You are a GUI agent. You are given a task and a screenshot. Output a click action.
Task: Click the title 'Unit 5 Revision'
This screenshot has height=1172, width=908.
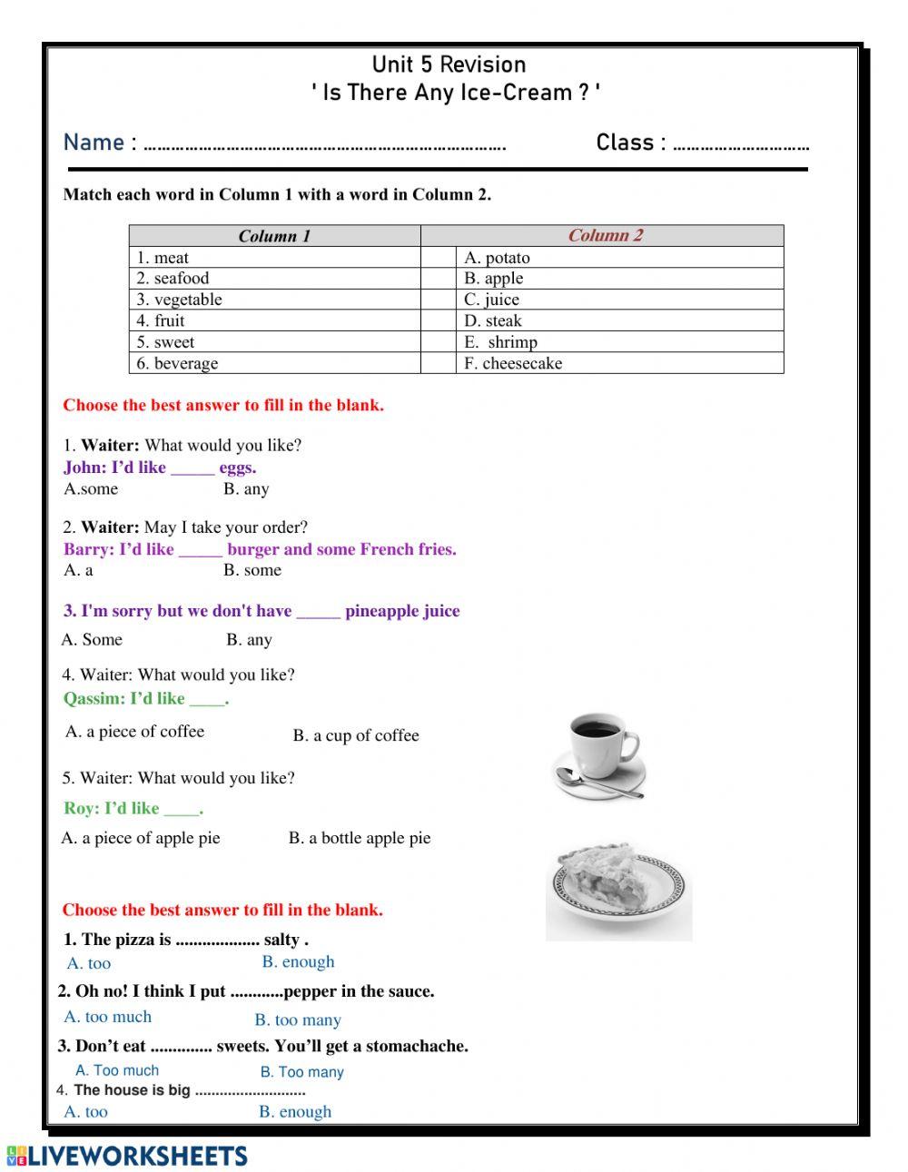click(x=449, y=64)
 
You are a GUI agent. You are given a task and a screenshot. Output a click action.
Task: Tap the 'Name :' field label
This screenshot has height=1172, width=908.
click(x=100, y=143)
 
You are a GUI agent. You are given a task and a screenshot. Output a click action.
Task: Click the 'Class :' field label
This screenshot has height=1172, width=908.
click(x=631, y=143)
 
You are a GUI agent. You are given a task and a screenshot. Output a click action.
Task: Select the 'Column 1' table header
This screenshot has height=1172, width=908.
click(x=274, y=236)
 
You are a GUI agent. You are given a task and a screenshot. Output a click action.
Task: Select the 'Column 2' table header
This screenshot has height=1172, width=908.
click(x=605, y=235)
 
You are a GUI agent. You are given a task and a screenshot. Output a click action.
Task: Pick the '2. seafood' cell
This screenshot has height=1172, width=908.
click(x=173, y=279)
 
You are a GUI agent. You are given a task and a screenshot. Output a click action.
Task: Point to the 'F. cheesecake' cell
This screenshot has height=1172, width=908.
click(x=513, y=363)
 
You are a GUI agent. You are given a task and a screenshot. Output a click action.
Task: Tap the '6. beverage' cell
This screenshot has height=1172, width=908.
click(x=177, y=363)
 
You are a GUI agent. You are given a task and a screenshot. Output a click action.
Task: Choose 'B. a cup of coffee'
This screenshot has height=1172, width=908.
click(x=356, y=735)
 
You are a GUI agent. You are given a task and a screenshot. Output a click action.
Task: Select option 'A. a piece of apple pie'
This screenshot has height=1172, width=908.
click(x=141, y=838)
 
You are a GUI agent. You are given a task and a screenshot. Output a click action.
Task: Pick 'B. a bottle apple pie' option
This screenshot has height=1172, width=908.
click(x=360, y=838)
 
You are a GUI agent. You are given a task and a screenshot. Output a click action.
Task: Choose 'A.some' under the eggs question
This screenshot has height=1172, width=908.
click(x=91, y=488)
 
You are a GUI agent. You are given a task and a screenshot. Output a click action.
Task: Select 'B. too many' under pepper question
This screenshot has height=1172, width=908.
click(x=298, y=1019)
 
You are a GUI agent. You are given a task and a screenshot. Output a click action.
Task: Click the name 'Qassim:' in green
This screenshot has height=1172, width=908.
click(x=94, y=698)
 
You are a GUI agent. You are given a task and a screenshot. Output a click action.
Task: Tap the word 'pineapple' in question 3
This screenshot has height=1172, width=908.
click(x=381, y=611)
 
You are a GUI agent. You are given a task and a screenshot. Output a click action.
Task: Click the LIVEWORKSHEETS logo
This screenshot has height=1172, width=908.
click(x=127, y=1156)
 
